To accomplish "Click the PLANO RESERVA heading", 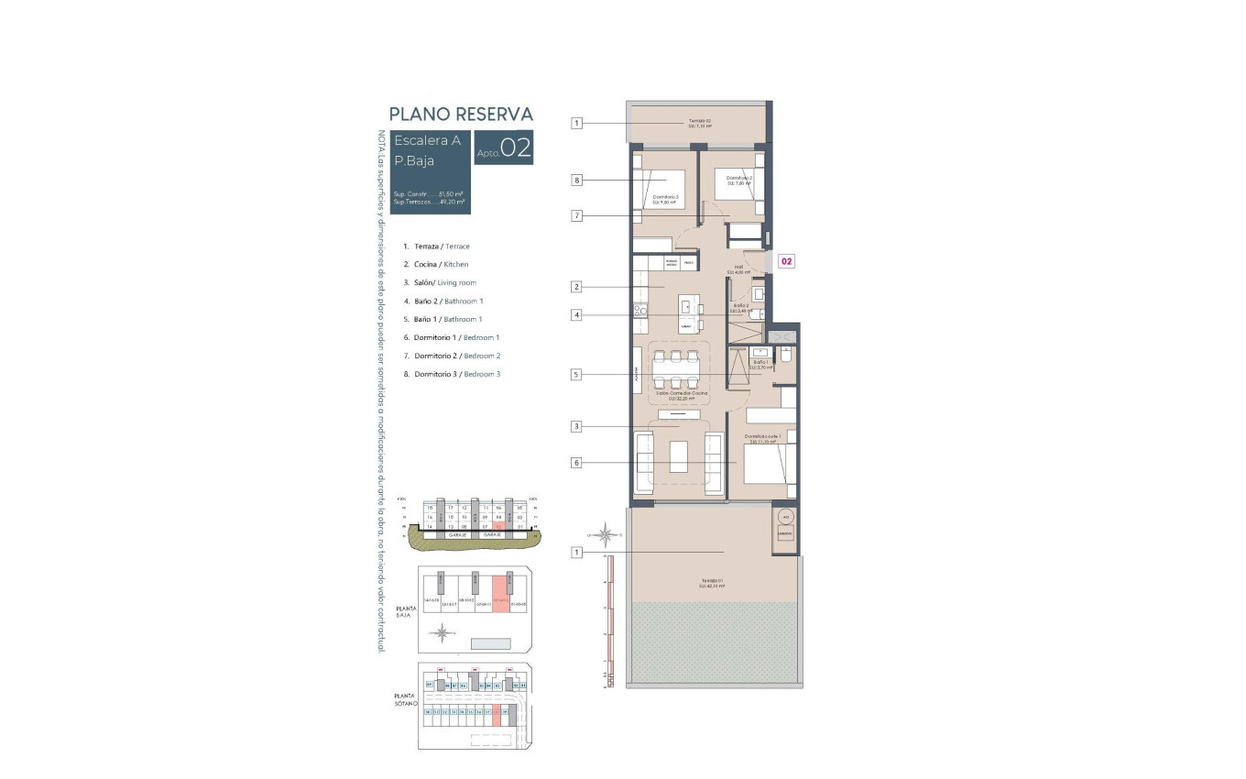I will click(x=461, y=114).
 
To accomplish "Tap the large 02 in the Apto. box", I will click(x=516, y=148).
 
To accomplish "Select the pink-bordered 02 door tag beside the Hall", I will click(x=786, y=261).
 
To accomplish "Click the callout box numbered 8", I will click(x=577, y=181).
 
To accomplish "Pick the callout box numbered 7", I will click(x=577, y=215).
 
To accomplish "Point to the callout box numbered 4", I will click(x=577, y=315).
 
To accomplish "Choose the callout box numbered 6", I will click(x=577, y=463).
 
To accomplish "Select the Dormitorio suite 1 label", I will click(x=760, y=438).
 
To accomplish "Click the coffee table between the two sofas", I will click(x=678, y=456).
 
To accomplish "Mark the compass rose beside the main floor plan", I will click(x=605, y=532).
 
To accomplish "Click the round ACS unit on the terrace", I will click(x=785, y=516).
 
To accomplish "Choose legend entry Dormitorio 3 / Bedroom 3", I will click(x=457, y=374).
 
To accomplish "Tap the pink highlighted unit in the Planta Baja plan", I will click(x=500, y=593).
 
